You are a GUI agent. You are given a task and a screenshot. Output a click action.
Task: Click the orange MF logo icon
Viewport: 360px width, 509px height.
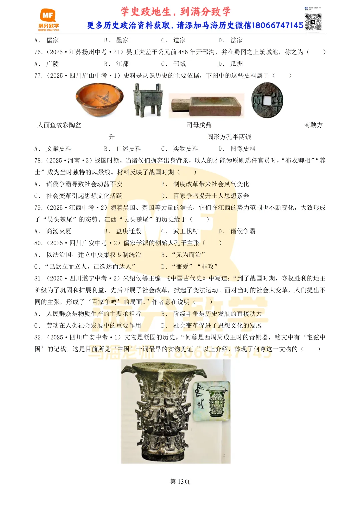(48, 16)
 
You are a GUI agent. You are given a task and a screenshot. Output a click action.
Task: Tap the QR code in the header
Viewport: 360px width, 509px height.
(313, 22)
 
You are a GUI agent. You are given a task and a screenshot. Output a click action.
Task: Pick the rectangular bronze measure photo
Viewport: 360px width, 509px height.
(207, 106)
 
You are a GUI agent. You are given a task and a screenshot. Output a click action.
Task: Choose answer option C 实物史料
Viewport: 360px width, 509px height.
(180, 149)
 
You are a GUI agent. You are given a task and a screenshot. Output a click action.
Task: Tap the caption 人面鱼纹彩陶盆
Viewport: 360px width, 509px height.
(59, 125)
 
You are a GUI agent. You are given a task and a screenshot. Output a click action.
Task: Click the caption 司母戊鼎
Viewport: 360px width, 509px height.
(199, 125)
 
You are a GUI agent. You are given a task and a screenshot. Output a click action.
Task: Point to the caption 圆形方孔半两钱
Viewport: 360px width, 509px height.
(229, 137)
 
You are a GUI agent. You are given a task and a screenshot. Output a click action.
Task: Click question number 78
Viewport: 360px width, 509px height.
(38, 161)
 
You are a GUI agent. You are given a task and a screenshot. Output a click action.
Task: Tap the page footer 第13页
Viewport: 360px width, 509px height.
(180, 481)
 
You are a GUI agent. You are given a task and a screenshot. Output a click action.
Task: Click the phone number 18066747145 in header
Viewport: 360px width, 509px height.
(277, 25)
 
